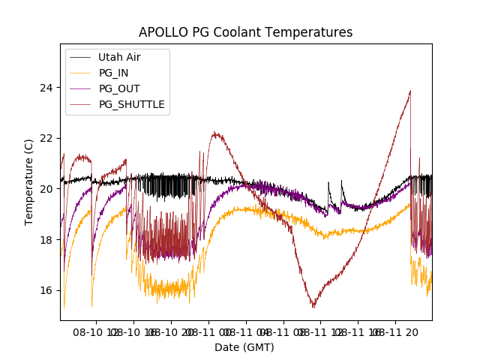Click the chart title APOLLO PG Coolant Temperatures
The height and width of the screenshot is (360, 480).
pyautogui.click(x=245, y=32)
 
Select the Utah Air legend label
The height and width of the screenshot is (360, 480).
pyautogui.click(x=119, y=57)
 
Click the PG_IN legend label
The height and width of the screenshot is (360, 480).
pyautogui.click(x=113, y=73)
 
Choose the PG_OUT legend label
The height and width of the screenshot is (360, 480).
pyautogui.click(x=118, y=88)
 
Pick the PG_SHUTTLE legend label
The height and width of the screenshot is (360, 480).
pyautogui.click(x=131, y=104)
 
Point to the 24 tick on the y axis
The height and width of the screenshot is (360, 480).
pyautogui.click(x=47, y=87)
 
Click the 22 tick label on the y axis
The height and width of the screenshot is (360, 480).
pyautogui.click(x=47, y=138)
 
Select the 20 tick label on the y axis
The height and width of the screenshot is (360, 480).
pyautogui.click(x=47, y=189)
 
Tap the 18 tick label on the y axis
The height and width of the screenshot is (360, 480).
pyautogui.click(x=47, y=239)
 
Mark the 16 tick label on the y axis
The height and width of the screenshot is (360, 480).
pyautogui.click(x=47, y=290)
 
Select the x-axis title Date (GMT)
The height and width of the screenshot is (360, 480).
pyautogui.click(x=244, y=347)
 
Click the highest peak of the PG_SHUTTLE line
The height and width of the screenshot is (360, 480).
pyautogui.click(x=410, y=91)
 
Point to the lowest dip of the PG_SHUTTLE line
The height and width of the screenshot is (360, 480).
pyautogui.click(x=313, y=307)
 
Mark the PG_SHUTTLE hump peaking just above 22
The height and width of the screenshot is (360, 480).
pyautogui.click(x=216, y=133)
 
